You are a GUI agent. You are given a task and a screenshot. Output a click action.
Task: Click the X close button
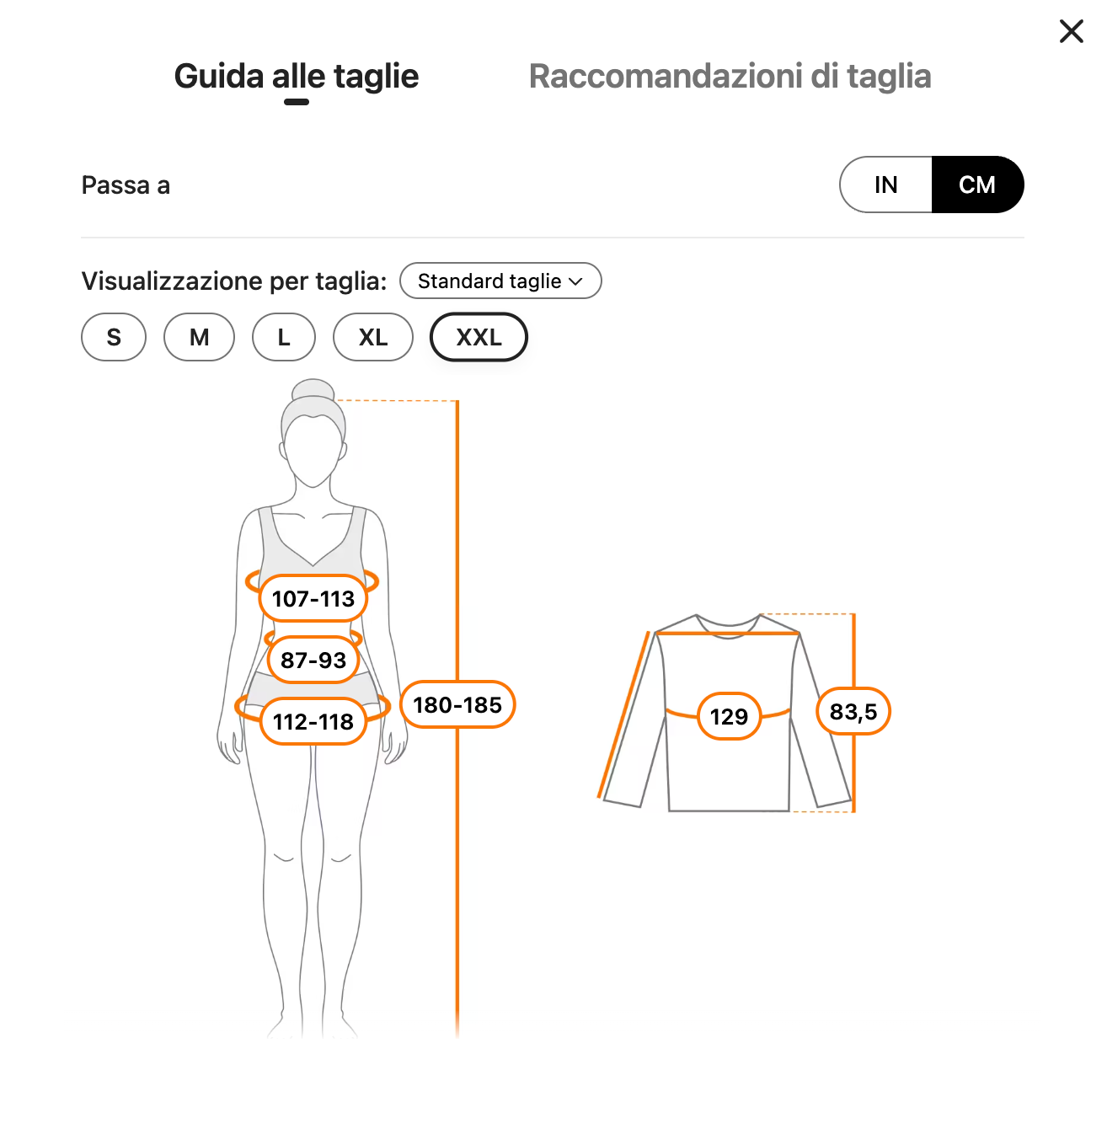tap(1071, 31)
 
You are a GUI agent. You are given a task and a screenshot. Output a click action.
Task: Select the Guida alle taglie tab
tap(297, 77)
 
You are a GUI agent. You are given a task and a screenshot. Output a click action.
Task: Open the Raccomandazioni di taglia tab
tap(730, 77)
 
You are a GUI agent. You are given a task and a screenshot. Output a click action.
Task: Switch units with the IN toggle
tap(885, 185)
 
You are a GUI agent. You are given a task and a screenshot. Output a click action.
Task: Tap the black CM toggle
tap(977, 185)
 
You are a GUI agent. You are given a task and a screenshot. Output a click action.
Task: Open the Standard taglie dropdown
tap(500, 281)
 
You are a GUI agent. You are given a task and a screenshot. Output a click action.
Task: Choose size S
tap(114, 337)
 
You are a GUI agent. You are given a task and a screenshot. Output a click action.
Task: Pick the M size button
tap(200, 337)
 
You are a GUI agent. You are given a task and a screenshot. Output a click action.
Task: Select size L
tap(284, 337)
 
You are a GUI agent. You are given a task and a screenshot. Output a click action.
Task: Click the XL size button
tap(373, 337)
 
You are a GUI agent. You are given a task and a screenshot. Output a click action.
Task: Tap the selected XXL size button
tap(479, 337)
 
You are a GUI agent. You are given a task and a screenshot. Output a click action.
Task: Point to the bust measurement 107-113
tap(313, 598)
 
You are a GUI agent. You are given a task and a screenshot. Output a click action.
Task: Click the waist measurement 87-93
tap(313, 660)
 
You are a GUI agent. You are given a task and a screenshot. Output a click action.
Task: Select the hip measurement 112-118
tap(313, 721)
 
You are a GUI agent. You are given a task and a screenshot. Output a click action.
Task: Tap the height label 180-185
tap(457, 704)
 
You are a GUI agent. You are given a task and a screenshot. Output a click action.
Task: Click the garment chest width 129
tap(729, 716)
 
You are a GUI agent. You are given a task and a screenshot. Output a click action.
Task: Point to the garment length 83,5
tap(853, 712)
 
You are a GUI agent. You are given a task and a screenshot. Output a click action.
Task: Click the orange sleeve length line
tap(623, 714)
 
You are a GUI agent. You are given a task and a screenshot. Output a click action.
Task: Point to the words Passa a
tap(126, 185)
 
